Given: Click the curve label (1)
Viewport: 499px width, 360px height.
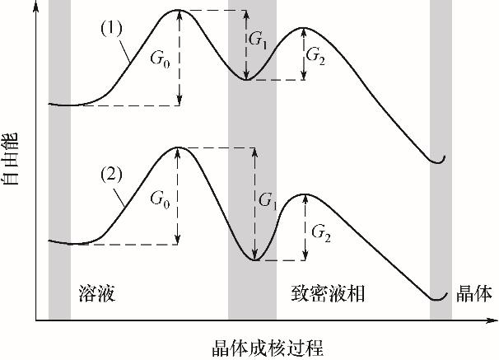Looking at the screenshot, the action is (x=111, y=28).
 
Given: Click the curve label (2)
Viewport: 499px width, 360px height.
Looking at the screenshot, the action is (x=111, y=175).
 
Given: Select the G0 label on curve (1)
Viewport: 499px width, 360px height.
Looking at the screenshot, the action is (x=160, y=58).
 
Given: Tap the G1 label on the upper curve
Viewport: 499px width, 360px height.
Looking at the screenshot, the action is (x=258, y=40).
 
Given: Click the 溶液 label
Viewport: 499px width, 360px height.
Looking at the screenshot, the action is (x=96, y=293).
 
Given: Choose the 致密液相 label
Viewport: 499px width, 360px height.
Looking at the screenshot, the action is (x=328, y=293).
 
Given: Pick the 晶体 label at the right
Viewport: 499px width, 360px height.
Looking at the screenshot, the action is (x=474, y=293).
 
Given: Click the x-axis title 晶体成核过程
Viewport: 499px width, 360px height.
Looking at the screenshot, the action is (x=268, y=348).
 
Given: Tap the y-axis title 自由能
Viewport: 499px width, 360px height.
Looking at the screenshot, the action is (x=10, y=159).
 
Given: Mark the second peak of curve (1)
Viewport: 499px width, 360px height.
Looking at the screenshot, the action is (x=303, y=28).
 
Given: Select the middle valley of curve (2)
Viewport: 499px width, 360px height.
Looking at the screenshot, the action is (x=254, y=260).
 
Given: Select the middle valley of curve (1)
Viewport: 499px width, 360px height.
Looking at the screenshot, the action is (x=246, y=79).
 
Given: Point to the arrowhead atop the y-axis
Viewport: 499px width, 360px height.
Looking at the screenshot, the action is (x=36, y=7).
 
